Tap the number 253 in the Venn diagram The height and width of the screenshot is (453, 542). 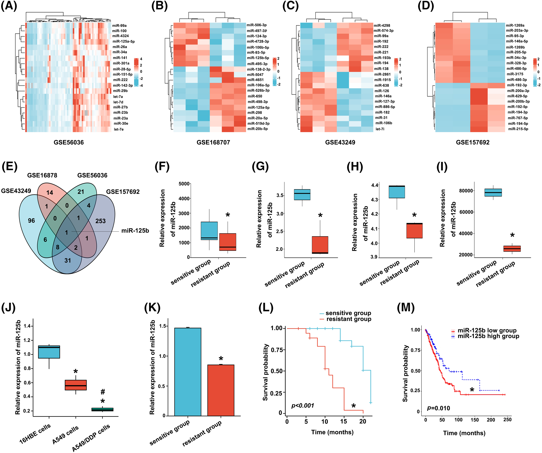tap(100, 221)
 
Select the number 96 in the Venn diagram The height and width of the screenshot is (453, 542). tap(31, 220)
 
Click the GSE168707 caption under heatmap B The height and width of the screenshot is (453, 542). tap(213, 142)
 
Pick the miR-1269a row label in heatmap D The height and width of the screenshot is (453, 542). tap(515, 25)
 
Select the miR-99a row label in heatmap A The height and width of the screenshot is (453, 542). tap(119, 26)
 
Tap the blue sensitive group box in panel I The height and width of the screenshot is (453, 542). tap(493, 192)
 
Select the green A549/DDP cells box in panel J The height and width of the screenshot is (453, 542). tap(102, 409)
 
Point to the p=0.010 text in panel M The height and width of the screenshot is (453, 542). tap(438, 408)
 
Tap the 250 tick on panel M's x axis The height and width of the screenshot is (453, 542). tap(507, 420)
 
